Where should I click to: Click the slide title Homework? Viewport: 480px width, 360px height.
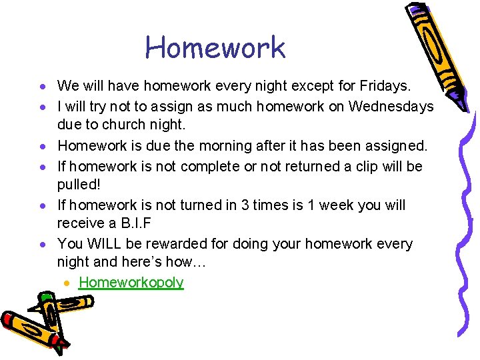click(215, 47)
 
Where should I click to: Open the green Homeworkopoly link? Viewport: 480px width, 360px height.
click(131, 283)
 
